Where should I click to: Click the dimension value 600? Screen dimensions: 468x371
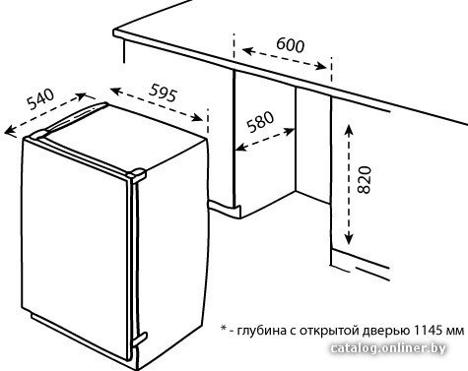coord(291,45)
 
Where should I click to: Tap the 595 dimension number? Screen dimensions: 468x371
coord(164,93)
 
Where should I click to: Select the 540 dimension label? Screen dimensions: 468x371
coord(40,98)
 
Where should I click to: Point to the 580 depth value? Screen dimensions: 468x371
coord(260,122)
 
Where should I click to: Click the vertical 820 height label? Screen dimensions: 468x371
coord(364,180)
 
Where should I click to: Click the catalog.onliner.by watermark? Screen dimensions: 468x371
coord(388,348)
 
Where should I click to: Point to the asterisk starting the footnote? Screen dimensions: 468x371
coord(224,328)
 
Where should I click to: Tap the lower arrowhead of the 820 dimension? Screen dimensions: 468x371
coord(349,239)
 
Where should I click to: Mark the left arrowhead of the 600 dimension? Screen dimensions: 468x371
coord(247,51)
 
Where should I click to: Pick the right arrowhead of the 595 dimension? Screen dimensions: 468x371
coord(198,117)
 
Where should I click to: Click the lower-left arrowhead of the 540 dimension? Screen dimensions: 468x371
coord(9,131)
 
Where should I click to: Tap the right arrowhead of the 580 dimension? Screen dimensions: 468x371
coord(290,132)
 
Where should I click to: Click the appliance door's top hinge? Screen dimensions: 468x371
coord(138,174)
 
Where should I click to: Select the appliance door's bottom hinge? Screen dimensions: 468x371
coord(139,340)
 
